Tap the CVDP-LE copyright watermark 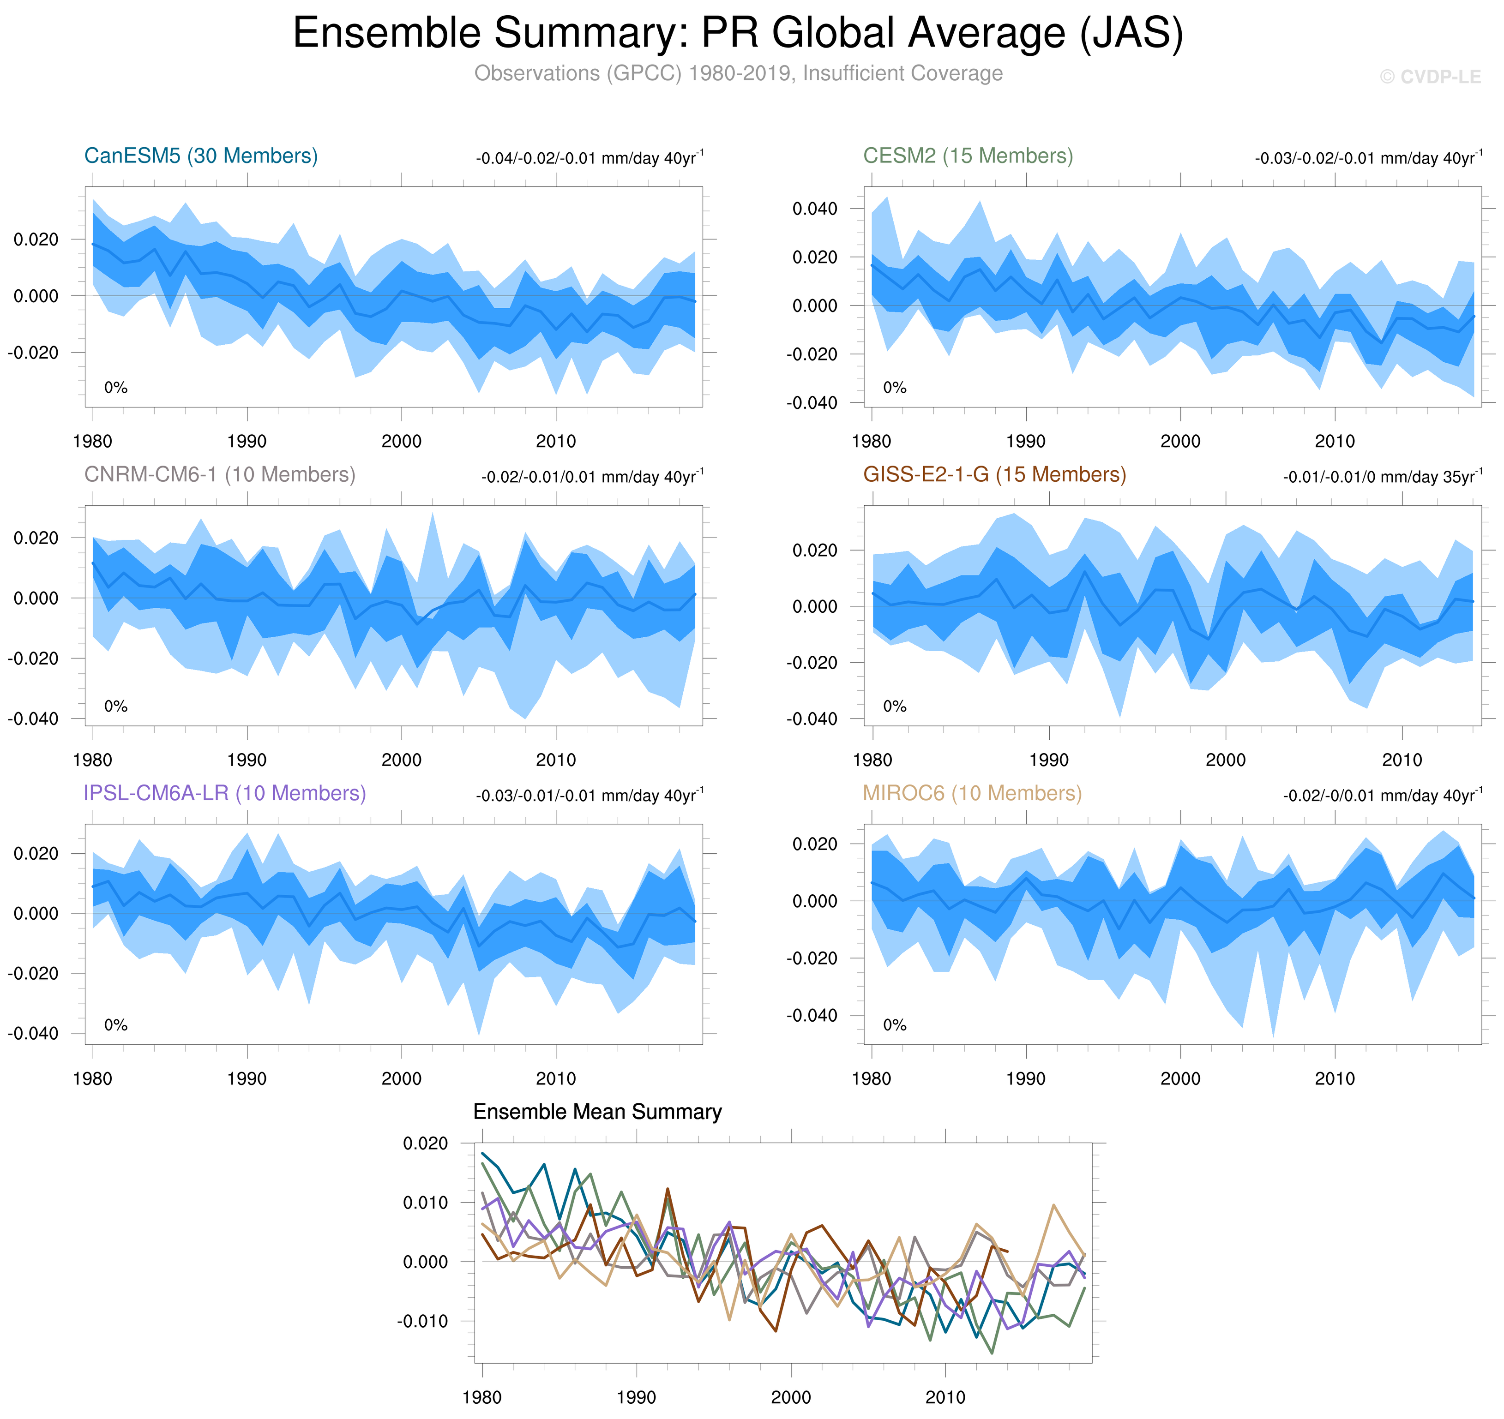click(x=1430, y=77)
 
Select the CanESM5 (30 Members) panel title click(x=200, y=156)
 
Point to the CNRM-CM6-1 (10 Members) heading click(x=219, y=474)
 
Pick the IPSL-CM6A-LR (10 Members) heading click(x=225, y=793)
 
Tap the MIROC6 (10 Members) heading click(x=972, y=793)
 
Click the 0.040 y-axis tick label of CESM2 click(x=815, y=209)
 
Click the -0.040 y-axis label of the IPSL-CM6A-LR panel click(x=33, y=1033)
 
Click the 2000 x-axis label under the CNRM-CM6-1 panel click(x=401, y=760)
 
